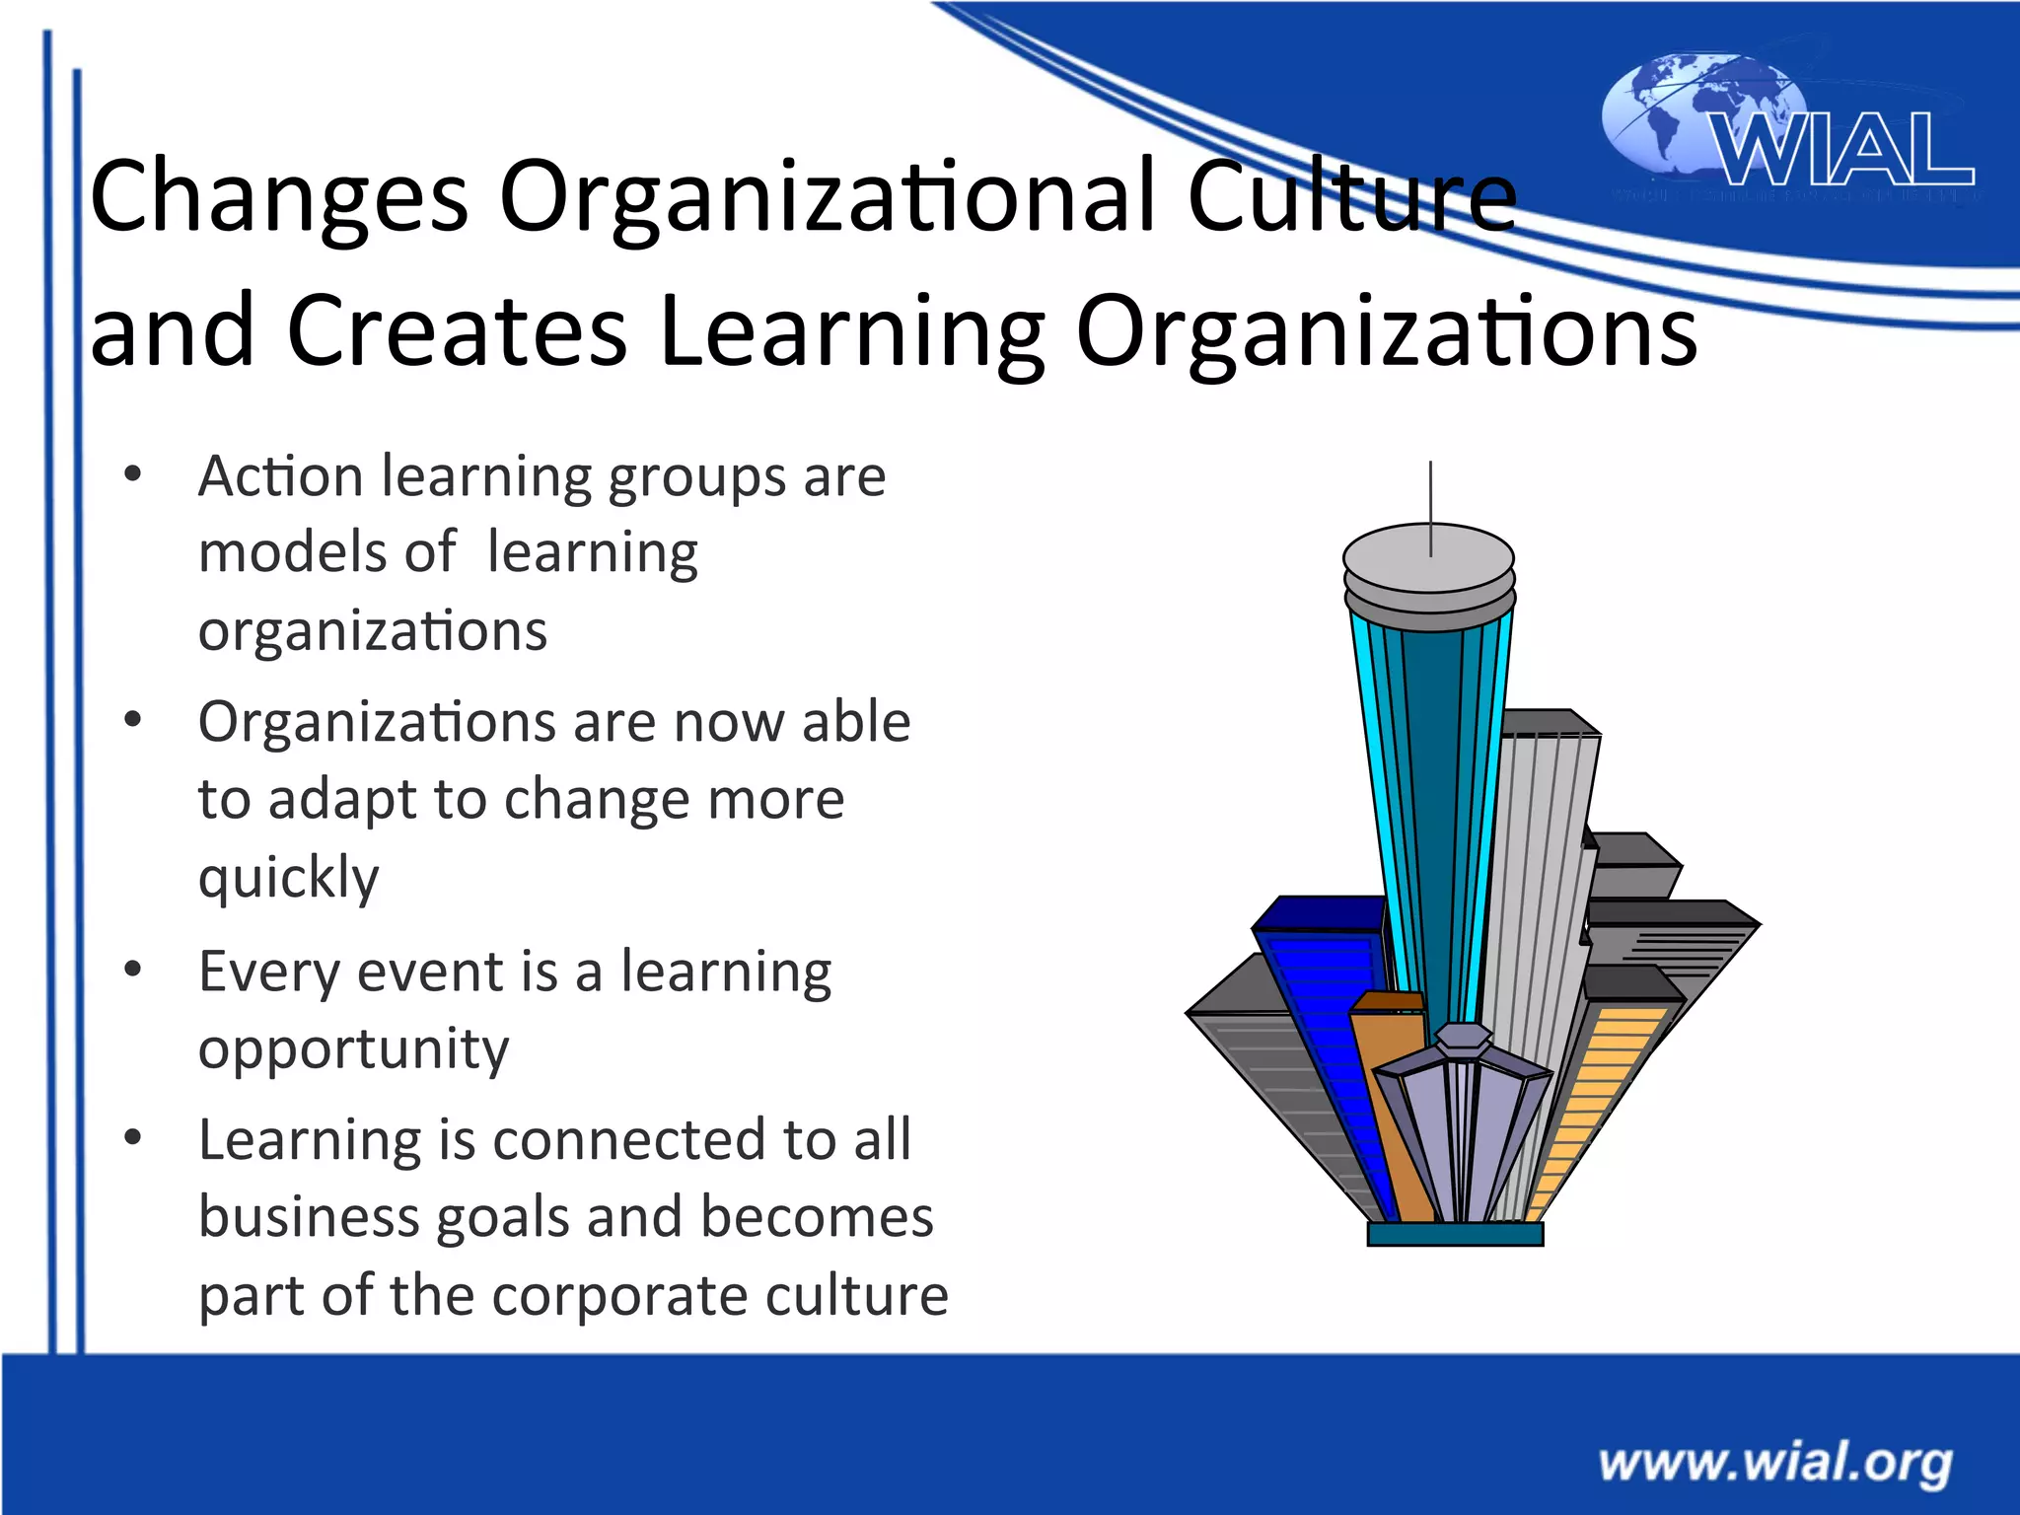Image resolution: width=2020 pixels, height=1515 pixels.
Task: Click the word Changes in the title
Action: click(x=278, y=197)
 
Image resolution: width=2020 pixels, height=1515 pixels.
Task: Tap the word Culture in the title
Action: click(x=1351, y=197)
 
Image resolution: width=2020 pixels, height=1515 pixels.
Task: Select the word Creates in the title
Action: click(x=457, y=331)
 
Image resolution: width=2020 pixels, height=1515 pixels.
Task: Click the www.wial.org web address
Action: click(x=1775, y=1462)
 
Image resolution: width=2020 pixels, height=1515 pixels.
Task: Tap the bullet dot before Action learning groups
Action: click(x=133, y=475)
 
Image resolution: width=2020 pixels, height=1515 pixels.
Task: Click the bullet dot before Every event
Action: click(x=133, y=970)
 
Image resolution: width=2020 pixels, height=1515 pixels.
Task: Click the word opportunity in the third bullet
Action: click(x=353, y=1049)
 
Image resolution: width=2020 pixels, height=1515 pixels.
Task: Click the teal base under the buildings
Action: click(x=1455, y=1234)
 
